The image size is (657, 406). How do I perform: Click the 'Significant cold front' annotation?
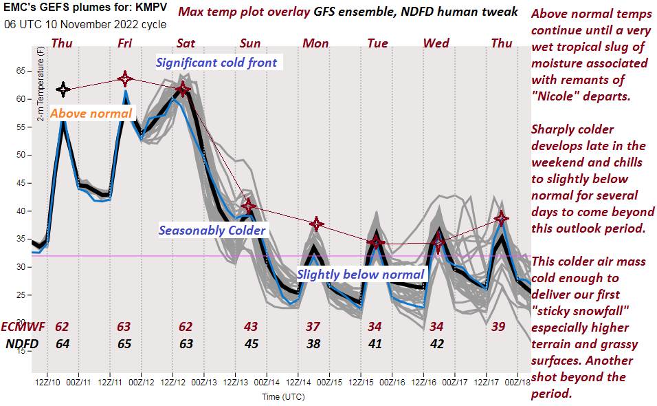(216, 63)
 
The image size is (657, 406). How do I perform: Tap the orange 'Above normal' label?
(91, 113)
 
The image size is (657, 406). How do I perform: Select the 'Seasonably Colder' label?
(212, 230)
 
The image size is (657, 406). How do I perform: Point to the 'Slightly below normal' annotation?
(361, 274)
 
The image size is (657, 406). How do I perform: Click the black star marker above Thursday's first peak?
(63, 89)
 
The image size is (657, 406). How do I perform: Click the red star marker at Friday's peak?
(124, 78)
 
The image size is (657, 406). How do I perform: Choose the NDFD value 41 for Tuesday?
(375, 343)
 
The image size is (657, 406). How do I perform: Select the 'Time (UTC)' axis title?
(282, 396)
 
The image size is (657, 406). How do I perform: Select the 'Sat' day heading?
(186, 43)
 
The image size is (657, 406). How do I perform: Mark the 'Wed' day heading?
(436, 43)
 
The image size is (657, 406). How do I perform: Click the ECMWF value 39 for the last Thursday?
(499, 325)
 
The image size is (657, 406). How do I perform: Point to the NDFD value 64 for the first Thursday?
(62, 343)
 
